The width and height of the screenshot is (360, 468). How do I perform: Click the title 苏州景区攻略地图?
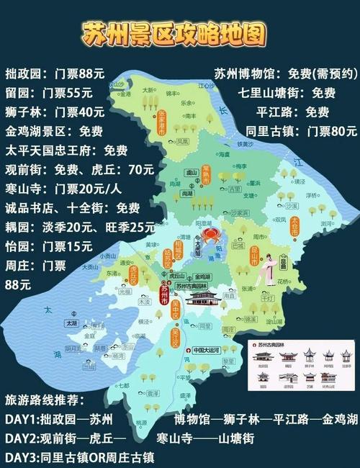click(x=174, y=32)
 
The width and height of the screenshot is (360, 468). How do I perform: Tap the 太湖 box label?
click(x=71, y=324)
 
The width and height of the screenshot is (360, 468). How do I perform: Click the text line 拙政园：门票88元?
click(x=55, y=73)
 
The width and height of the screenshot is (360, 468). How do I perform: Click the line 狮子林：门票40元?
click(x=55, y=112)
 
